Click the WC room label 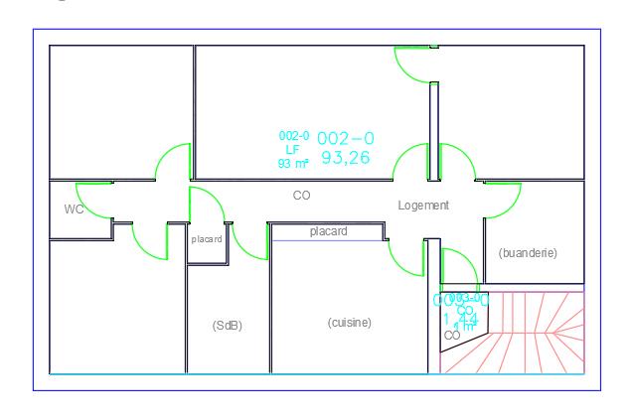pyautogui.click(x=74, y=209)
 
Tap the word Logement pyautogui.click(x=423, y=206)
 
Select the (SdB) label pyautogui.click(x=228, y=325)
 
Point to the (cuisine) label pyautogui.click(x=350, y=322)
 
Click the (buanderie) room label pyautogui.click(x=528, y=253)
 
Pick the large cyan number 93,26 pyautogui.click(x=346, y=157)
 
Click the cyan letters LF pyautogui.click(x=292, y=150)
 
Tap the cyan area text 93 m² pyautogui.click(x=294, y=163)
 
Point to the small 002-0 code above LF pyautogui.click(x=294, y=137)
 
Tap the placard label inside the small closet pyautogui.click(x=207, y=239)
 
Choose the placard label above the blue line pyautogui.click(x=328, y=231)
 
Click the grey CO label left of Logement pyautogui.click(x=301, y=196)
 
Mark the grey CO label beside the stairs pyautogui.click(x=452, y=336)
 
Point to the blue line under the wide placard pyautogui.click(x=328, y=240)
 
